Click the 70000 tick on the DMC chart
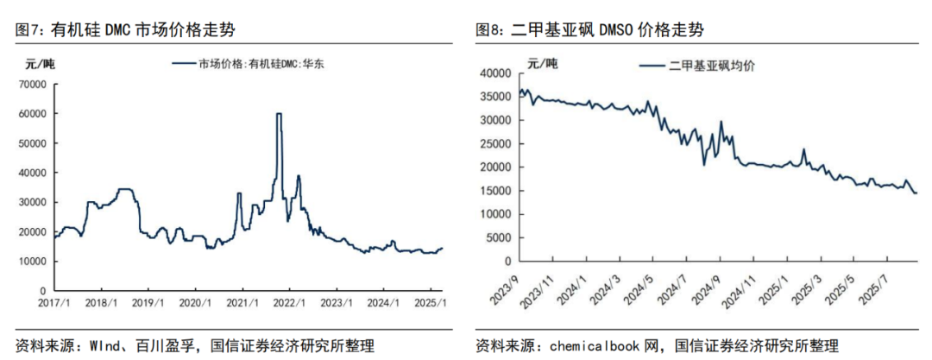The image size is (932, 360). pos(33,84)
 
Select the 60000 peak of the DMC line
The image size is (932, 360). pos(279,114)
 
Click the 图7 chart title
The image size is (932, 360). pos(126,30)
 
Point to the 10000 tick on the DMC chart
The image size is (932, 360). pos(33,261)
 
